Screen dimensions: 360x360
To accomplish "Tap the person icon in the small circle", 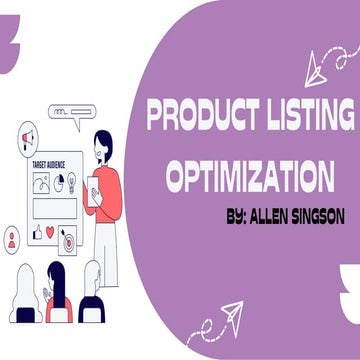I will click(11, 239).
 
